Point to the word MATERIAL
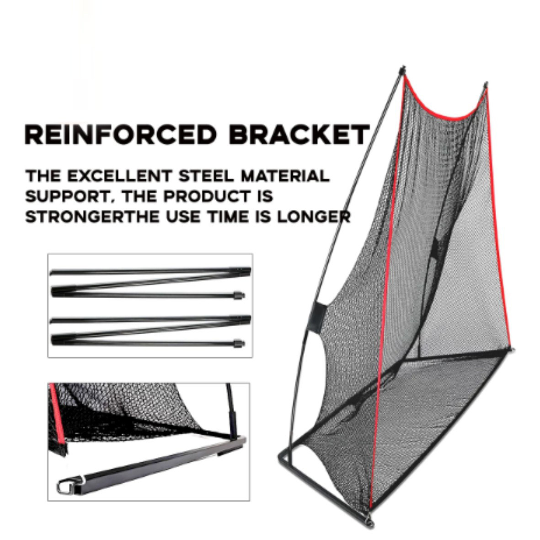(x=285, y=176)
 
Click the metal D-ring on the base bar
(x=65, y=486)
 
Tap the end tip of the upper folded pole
(x=240, y=295)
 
